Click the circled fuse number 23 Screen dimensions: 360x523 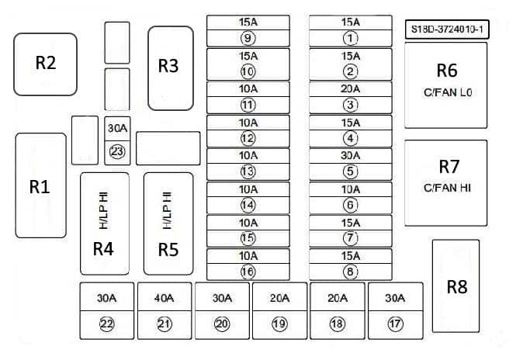(117, 151)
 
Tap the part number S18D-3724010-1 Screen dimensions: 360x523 (446, 29)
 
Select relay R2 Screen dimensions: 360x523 (46, 64)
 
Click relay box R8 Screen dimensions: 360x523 (458, 286)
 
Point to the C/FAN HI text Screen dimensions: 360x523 (449, 187)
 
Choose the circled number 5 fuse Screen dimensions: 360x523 (351, 171)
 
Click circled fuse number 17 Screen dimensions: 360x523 (395, 324)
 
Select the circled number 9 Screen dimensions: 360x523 (248, 37)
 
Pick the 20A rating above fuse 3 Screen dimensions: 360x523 (351, 89)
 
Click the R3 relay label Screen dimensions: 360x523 (168, 66)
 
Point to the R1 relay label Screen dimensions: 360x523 (40, 186)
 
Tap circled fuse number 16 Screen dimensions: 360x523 (248, 271)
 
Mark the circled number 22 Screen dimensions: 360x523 (106, 324)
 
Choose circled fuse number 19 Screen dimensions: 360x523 (279, 324)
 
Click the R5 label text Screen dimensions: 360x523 (168, 249)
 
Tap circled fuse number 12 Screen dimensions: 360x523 (248, 138)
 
